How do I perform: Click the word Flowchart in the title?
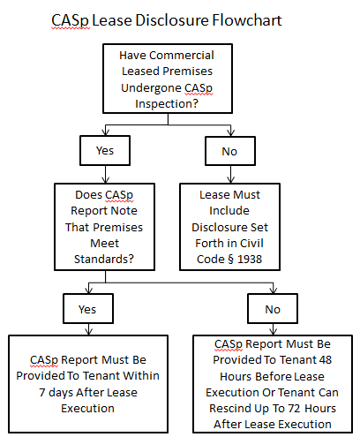coord(247,20)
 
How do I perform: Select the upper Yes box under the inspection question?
coord(105,150)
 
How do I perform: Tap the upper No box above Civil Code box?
coord(230,151)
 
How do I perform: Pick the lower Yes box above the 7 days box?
coord(88,309)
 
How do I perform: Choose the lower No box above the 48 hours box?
coord(273,309)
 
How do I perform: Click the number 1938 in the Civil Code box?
coord(250,259)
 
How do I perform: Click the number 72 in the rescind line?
coord(294,409)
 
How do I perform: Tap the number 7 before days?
coord(42,393)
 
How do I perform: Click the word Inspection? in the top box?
coord(167,104)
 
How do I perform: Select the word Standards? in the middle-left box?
coord(104,259)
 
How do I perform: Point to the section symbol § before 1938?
coord(231,260)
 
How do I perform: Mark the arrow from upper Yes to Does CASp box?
coord(106,174)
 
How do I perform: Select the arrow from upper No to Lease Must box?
coord(231,174)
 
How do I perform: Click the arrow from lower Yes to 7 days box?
coord(89,329)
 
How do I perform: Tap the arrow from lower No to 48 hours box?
coord(274,329)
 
